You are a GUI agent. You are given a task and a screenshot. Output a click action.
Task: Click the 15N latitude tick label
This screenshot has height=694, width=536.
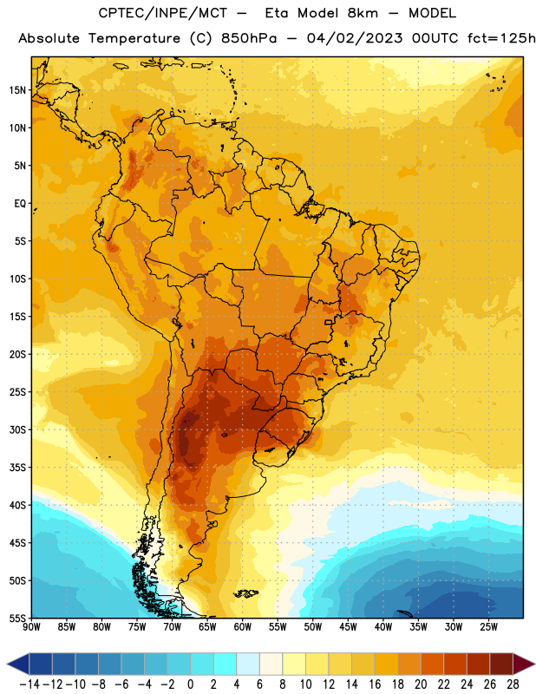pos(17,90)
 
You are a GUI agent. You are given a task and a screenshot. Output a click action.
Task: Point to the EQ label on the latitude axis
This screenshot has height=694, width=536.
pos(20,204)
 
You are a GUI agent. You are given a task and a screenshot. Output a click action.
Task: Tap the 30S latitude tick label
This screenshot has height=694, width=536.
pos(17,429)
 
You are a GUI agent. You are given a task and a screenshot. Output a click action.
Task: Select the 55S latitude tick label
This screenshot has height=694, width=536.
pos(17,619)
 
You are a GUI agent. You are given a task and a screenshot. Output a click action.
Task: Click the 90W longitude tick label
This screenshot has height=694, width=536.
pos(32,627)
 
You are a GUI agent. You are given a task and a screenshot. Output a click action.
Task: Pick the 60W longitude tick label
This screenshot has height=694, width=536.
pos(243,627)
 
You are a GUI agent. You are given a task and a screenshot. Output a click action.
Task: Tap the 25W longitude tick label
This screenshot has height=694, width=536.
pos(488,627)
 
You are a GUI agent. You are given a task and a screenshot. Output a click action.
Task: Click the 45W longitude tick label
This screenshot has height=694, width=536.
pos(348,627)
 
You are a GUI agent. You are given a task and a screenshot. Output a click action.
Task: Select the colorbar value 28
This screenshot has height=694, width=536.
pos(513,684)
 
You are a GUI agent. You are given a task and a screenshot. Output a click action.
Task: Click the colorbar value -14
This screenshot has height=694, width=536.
pos(29,684)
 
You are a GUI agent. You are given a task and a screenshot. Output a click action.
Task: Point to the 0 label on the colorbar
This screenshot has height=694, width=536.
pos(191,684)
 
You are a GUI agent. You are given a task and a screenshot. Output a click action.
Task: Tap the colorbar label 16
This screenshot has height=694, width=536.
pos(375,684)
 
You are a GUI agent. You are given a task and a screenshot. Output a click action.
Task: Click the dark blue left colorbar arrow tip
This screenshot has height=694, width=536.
pos(8,664)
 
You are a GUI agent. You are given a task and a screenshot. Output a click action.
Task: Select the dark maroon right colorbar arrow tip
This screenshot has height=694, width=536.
pos(534,664)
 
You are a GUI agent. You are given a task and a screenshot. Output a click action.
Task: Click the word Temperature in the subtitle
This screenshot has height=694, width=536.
pos(134,39)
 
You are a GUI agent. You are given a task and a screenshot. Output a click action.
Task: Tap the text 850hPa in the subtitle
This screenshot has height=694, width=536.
pos(249,38)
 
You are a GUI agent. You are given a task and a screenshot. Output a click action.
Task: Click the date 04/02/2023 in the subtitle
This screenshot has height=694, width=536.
pos(355,38)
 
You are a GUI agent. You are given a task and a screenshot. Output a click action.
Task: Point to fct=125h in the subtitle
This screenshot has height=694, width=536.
pos(501,38)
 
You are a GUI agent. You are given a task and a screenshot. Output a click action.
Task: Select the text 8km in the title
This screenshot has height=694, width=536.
pos(363,13)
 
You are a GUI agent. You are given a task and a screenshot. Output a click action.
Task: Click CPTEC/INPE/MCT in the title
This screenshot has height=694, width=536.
pos(163,13)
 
